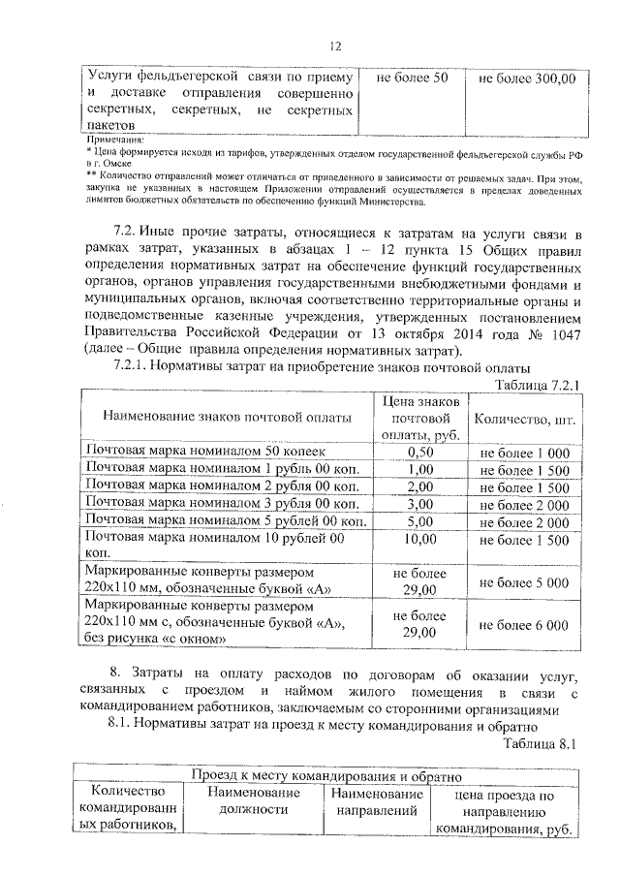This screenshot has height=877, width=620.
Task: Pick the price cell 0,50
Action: pyautogui.click(x=419, y=453)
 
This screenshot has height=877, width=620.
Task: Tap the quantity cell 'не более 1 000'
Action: pyautogui.click(x=524, y=453)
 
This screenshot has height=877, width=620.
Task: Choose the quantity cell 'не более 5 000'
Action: pyautogui.click(x=524, y=581)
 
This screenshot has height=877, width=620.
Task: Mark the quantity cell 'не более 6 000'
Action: pyautogui.click(x=524, y=625)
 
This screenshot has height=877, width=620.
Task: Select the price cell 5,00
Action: pyautogui.click(x=419, y=522)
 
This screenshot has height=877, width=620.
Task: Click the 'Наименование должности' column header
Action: pyautogui.click(x=253, y=802)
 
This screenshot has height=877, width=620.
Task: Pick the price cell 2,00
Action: pyautogui.click(x=419, y=487)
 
